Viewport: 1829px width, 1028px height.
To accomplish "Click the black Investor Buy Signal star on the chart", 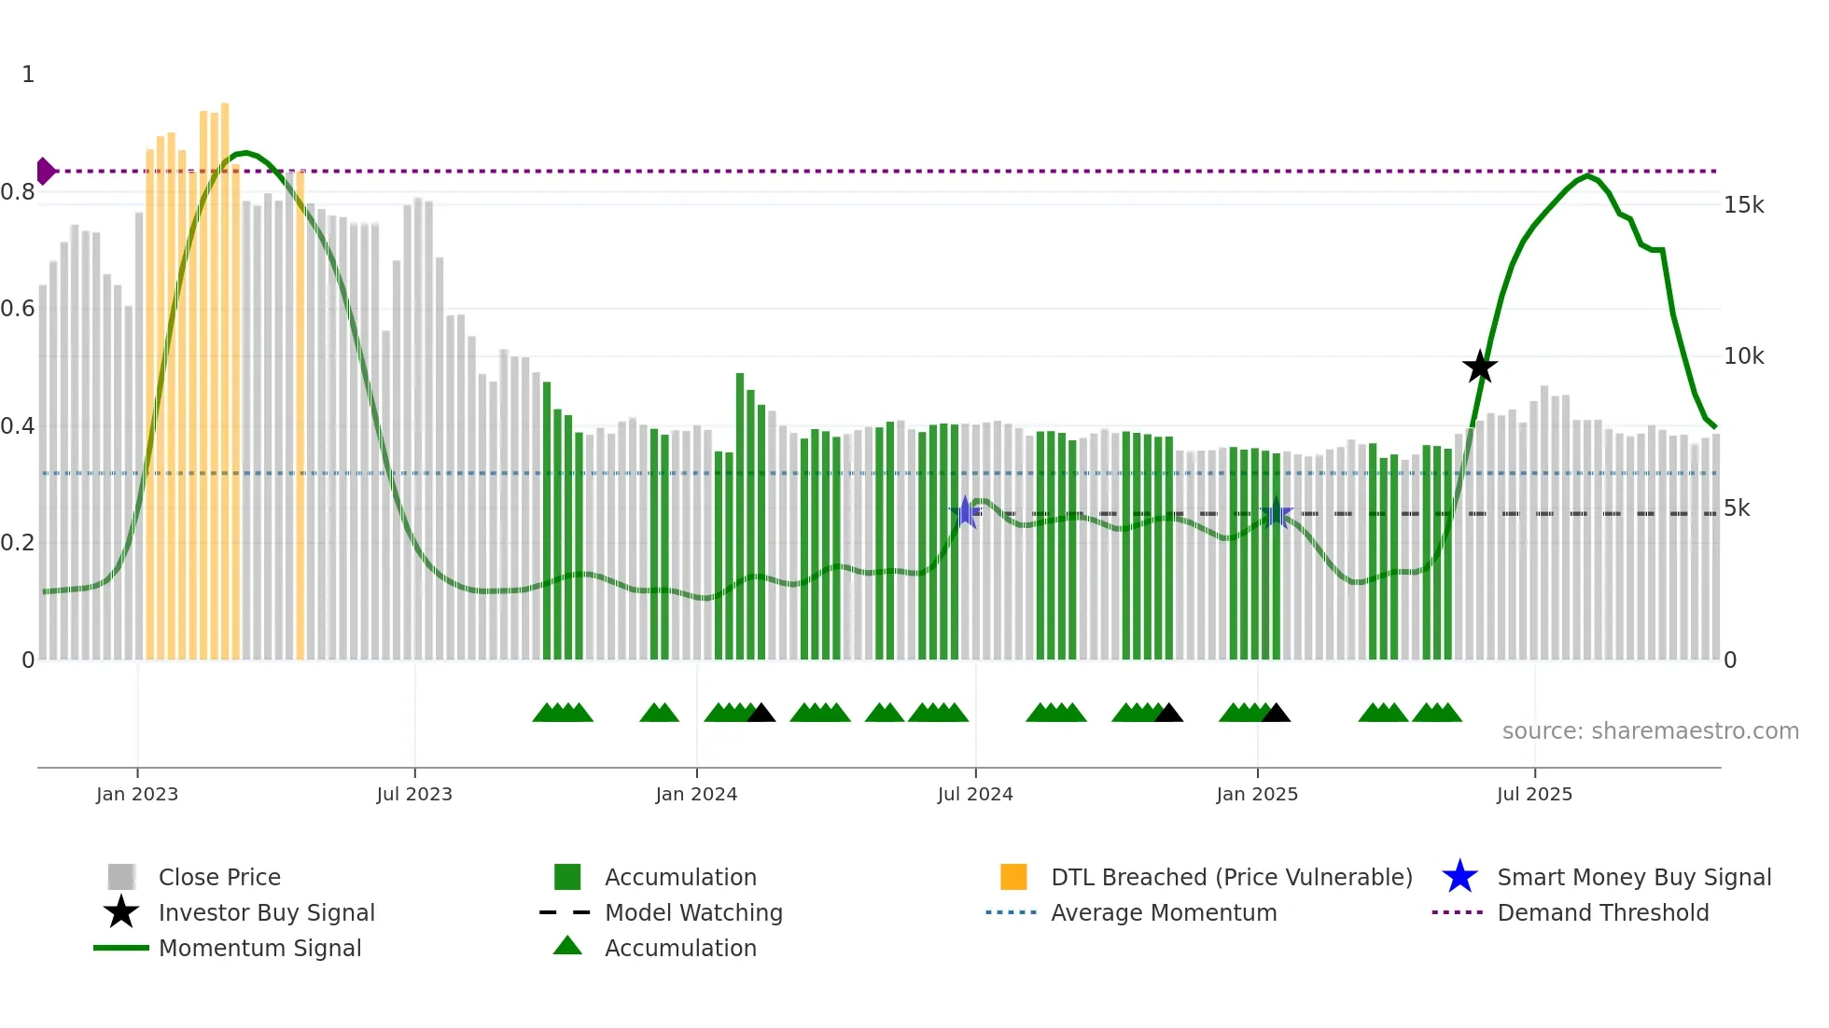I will tap(1479, 368).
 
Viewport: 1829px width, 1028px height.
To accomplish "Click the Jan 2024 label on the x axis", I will tap(696, 794).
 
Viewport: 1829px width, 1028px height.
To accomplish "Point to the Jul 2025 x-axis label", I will tap(1534, 794).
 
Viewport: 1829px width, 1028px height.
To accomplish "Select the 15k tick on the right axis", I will tap(1743, 205).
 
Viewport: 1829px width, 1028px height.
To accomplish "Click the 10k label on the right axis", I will tap(1743, 356).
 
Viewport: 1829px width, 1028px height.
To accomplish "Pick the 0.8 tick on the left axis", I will tap(19, 192).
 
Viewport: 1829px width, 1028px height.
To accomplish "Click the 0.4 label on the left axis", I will tap(19, 426).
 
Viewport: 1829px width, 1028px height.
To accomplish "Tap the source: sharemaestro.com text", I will tap(1650, 731).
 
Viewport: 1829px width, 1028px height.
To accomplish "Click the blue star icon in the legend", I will tap(1459, 877).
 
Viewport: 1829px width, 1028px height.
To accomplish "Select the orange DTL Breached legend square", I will tap(1013, 877).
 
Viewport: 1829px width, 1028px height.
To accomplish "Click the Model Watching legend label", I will tap(693, 912).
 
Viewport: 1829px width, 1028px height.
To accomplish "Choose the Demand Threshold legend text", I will tap(1602, 912).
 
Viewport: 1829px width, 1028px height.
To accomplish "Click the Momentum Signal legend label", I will tap(259, 948).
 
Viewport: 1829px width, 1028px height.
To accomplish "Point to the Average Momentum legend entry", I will tap(1163, 912).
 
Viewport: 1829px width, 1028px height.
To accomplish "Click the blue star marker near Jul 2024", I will tap(966, 512).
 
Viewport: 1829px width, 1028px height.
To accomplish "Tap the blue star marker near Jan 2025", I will tap(1277, 513).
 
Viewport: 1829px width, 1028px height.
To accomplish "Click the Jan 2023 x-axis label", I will tap(137, 794).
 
